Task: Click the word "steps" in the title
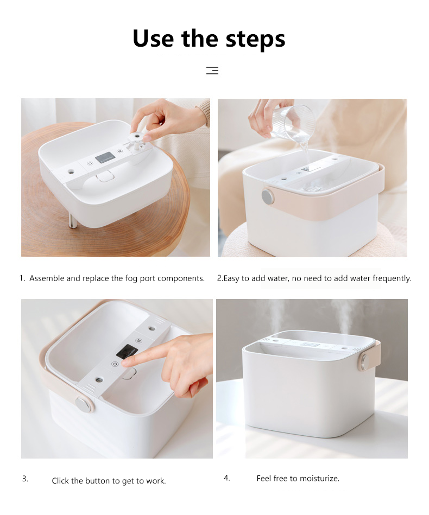(255, 39)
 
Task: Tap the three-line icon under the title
(212, 71)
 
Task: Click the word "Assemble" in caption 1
(47, 278)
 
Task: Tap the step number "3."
(26, 479)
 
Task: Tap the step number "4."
(227, 478)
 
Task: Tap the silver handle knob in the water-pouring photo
(268, 196)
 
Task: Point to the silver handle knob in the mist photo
(363, 361)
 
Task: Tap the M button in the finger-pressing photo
(138, 341)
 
